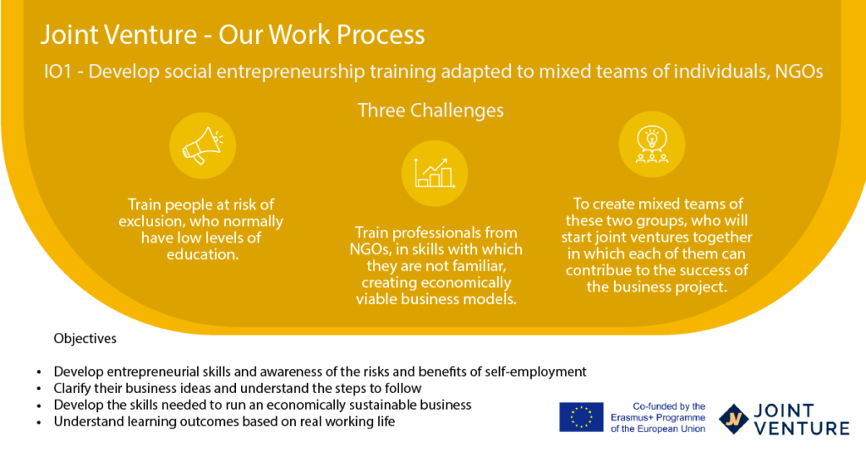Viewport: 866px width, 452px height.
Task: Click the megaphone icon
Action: pyautogui.click(x=203, y=145)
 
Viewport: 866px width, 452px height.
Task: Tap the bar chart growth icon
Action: pyautogui.click(x=435, y=173)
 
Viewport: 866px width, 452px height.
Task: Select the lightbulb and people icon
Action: pyautogui.click(x=652, y=145)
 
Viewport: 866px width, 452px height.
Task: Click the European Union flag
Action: pyautogui.click(x=581, y=417)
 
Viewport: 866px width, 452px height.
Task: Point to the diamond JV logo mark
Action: pyautogui.click(x=733, y=419)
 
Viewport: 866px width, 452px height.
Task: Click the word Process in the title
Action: pyautogui.click(x=381, y=35)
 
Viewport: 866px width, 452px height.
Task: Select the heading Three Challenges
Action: pyautogui.click(x=430, y=111)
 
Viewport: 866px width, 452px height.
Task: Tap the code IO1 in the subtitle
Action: pyautogui.click(x=58, y=72)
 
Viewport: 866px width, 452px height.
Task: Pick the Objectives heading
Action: pyautogui.click(x=85, y=338)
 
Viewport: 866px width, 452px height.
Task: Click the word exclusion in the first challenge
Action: pyautogui.click(x=151, y=221)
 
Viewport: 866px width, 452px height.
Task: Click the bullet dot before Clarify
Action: pyautogui.click(x=39, y=389)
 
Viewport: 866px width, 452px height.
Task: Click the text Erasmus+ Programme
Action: pyautogui.click(x=658, y=417)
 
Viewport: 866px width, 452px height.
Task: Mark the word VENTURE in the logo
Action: pyautogui.click(x=802, y=428)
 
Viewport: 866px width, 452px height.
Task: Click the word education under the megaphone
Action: pyautogui.click(x=203, y=254)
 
